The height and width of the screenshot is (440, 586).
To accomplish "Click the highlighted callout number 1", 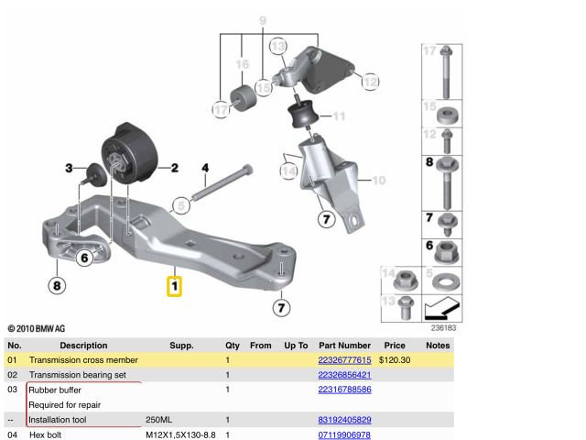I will point(174,286).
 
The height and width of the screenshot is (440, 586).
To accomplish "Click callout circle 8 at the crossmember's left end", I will point(57,286).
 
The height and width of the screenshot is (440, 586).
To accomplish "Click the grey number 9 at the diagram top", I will point(262,20).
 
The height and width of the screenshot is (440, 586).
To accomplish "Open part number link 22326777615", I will point(344,360).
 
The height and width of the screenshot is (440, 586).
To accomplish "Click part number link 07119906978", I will point(344,434).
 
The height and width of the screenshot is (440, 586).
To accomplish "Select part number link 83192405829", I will point(344,419).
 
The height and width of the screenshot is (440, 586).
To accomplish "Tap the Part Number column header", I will point(344,346).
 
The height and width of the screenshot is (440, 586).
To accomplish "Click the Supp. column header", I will point(181,346).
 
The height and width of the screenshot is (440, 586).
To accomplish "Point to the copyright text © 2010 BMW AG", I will point(37,327).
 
